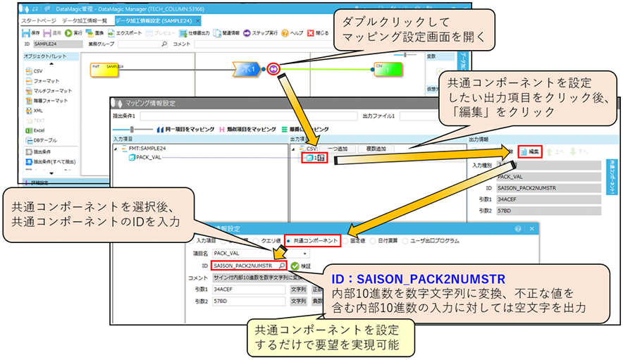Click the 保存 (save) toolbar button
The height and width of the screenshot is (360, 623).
coord(31,32)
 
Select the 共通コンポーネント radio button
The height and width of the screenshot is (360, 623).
coord(312,240)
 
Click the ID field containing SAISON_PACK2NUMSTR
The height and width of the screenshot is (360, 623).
coord(246,266)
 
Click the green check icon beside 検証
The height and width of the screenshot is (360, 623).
coord(294,266)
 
